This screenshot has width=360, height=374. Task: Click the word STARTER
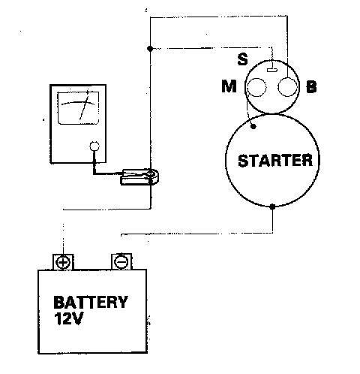click(275, 161)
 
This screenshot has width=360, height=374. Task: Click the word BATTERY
click(91, 302)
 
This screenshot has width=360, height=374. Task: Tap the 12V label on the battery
click(68, 318)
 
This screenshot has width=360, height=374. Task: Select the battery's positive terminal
click(63, 262)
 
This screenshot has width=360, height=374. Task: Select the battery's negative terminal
click(121, 262)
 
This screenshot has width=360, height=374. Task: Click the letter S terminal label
click(242, 59)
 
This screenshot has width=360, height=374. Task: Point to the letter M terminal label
click(229, 86)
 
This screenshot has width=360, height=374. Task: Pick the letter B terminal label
click(311, 87)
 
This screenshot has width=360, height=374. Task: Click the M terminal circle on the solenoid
click(256, 87)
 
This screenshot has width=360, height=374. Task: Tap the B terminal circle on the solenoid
click(287, 87)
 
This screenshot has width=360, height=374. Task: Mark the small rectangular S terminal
click(272, 70)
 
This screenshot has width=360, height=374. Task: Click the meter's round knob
click(94, 146)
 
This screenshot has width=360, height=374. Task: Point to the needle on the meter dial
click(84, 105)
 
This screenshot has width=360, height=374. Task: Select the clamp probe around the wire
click(139, 177)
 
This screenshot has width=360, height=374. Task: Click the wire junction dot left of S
click(150, 49)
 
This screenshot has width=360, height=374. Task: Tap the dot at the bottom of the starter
click(272, 207)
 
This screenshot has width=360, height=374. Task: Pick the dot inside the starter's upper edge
click(253, 126)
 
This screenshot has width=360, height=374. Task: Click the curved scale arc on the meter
click(78, 103)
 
